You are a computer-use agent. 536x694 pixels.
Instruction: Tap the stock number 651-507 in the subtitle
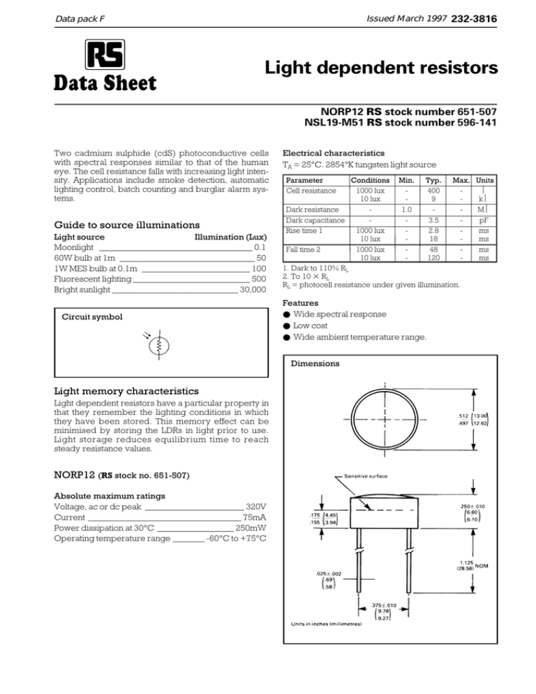click(476, 111)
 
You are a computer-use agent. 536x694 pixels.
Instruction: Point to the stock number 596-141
click(476, 124)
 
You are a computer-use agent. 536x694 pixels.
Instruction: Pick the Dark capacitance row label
click(311, 220)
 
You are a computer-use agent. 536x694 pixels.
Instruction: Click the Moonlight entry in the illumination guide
click(75, 247)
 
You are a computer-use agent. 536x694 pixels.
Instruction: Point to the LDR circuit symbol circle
click(159, 346)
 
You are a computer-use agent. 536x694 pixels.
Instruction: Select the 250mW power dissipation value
click(251, 529)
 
